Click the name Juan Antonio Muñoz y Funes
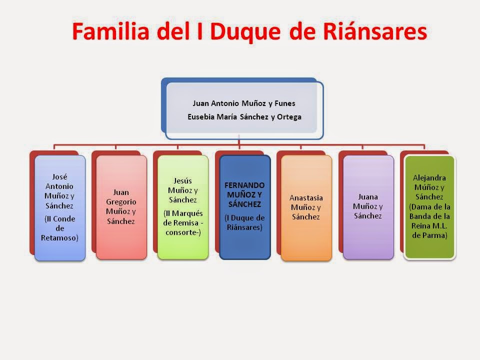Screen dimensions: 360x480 tap(244, 103)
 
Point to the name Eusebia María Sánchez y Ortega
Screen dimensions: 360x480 tap(244, 117)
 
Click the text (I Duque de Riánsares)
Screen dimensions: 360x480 tap(244, 222)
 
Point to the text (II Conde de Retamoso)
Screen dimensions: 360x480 tap(59, 228)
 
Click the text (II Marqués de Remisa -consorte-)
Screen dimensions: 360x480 tap(183, 223)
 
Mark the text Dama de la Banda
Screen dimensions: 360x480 tap(429, 212)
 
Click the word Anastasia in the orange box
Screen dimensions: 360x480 tap(306, 197)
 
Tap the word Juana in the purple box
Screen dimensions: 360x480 tap(368, 197)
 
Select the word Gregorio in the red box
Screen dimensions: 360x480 tap(121, 202)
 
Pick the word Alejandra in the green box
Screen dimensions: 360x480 tap(429, 178)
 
